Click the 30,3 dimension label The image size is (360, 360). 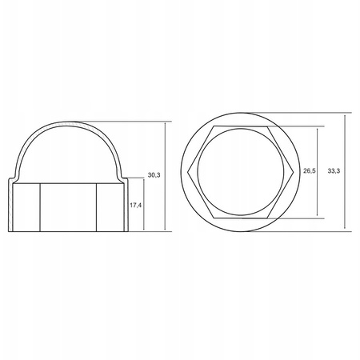click(x=154, y=175)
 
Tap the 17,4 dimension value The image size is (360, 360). click(x=135, y=205)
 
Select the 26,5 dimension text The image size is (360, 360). click(x=310, y=171)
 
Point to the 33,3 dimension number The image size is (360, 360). click(x=334, y=171)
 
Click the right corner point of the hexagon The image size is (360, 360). click(x=294, y=172)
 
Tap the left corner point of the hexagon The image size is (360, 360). click(x=188, y=172)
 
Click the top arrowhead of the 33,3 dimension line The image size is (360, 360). click(x=345, y=115)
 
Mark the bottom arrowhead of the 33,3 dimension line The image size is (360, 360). click(x=345, y=229)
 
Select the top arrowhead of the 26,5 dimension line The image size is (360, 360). click(x=317, y=129)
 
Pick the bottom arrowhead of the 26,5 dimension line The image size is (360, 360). click(x=317, y=215)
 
